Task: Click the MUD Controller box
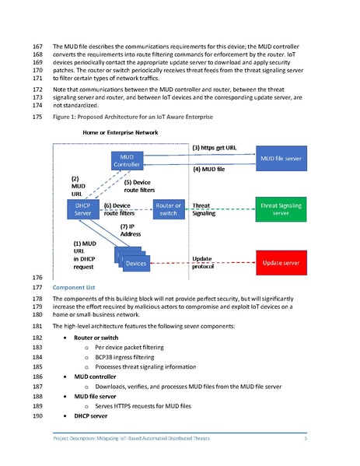pos(126,161)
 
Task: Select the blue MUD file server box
pos(281,159)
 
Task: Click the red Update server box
pos(281,262)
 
